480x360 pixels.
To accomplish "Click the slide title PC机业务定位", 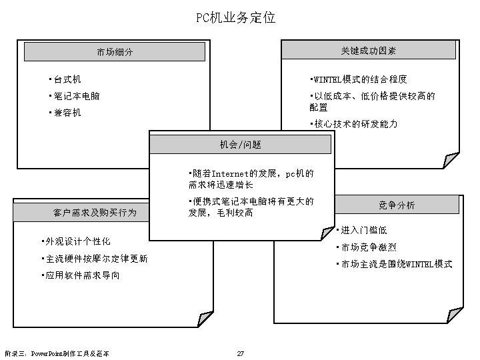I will (x=236, y=17).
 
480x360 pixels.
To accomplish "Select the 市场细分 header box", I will (x=114, y=52).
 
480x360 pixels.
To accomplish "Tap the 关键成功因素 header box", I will (x=369, y=50).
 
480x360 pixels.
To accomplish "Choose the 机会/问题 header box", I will (x=240, y=145).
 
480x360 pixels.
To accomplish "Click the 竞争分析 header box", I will (x=396, y=205).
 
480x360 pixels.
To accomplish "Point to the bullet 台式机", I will (x=67, y=79).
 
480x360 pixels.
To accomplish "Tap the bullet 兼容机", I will (x=67, y=113).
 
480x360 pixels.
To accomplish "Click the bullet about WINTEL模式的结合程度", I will (x=359, y=79).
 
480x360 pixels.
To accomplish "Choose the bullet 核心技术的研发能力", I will (x=355, y=125).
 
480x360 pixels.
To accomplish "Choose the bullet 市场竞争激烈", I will (x=367, y=247).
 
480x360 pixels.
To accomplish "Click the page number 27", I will (x=240, y=353).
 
